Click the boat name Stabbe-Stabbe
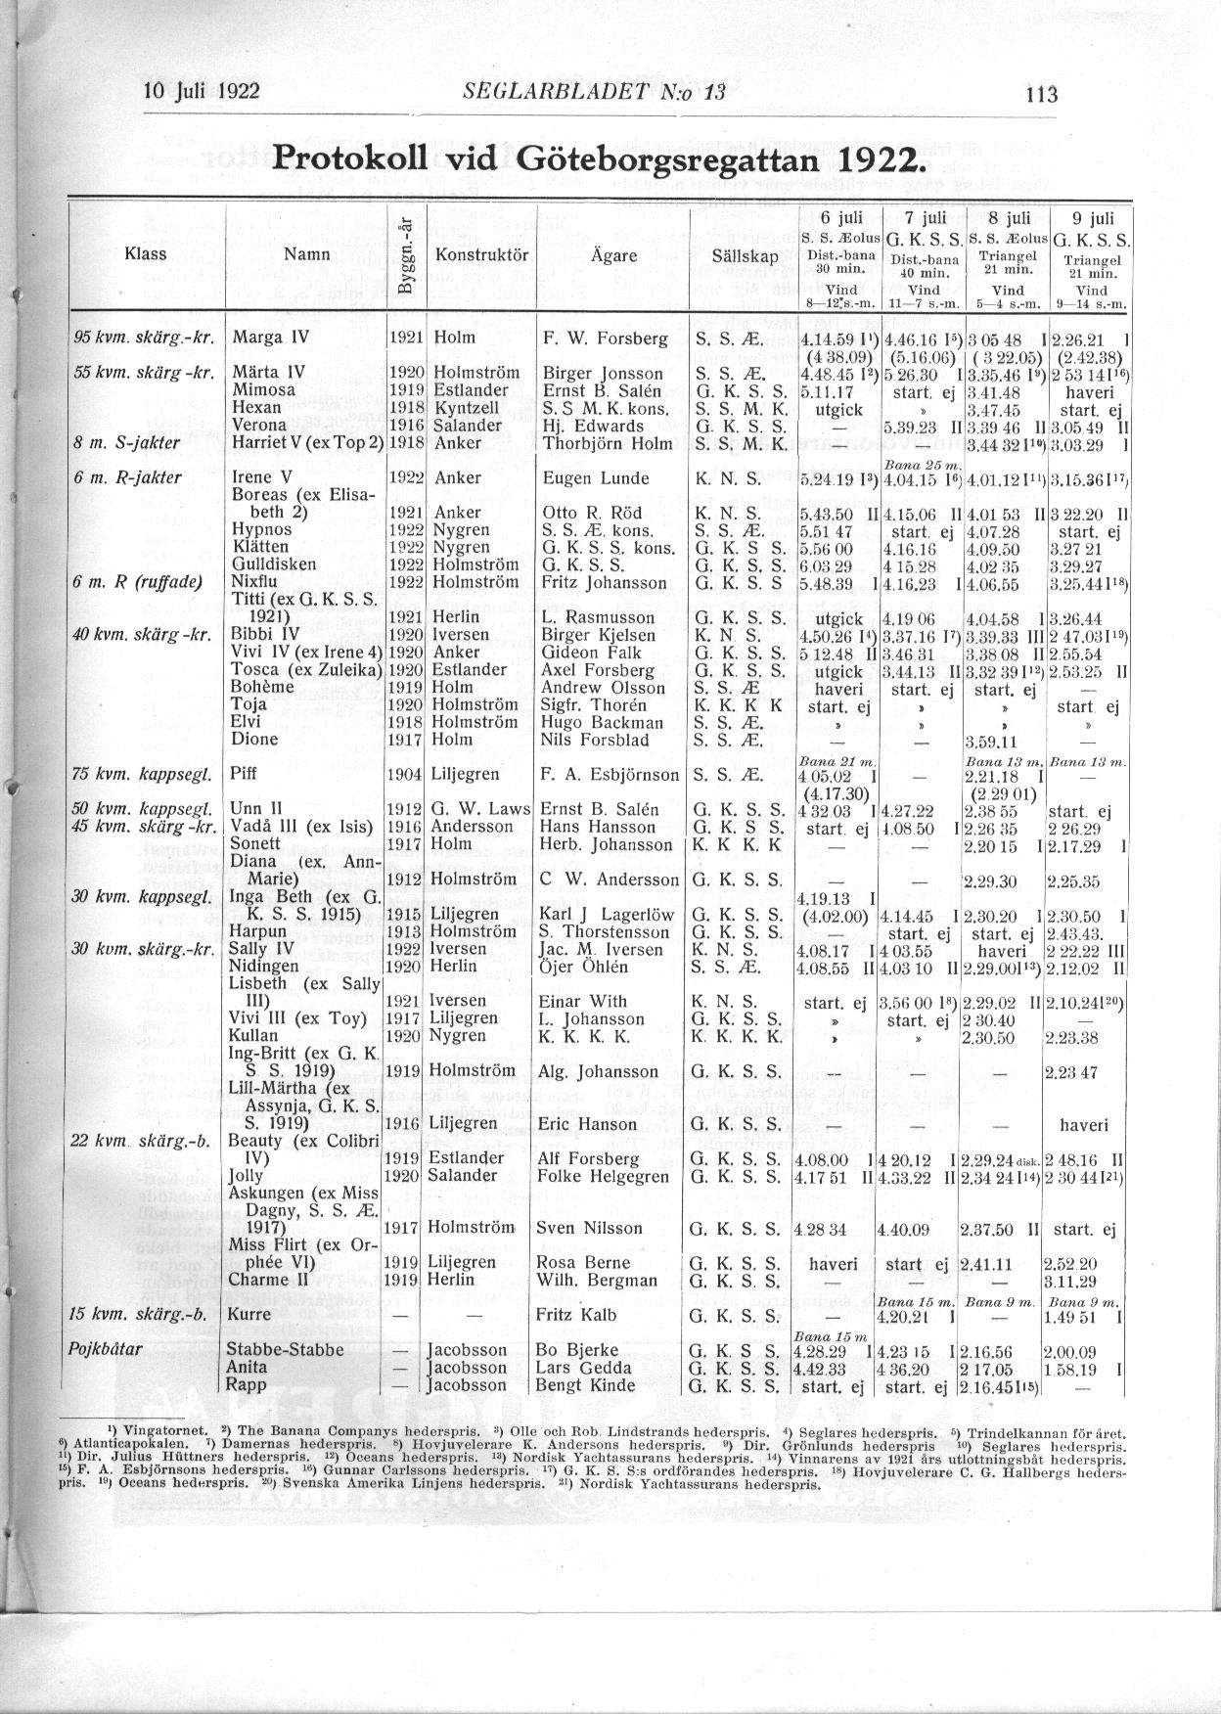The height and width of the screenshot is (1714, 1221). pyautogui.click(x=285, y=1350)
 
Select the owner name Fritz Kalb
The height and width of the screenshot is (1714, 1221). pyautogui.click(x=585, y=1314)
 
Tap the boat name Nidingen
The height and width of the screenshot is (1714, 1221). pyautogui.click(x=265, y=967)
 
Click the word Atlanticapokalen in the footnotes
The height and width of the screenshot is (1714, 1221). pyautogui.click(x=132, y=1445)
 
